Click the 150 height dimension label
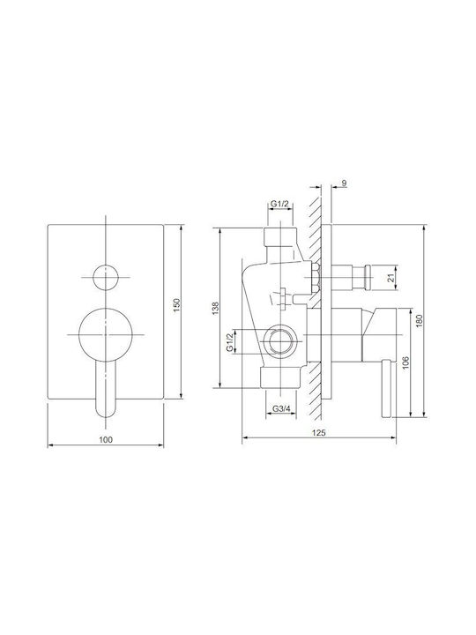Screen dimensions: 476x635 (175, 305)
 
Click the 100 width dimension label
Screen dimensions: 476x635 (106, 439)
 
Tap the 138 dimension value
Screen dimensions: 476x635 (215, 308)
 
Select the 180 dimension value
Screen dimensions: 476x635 (419, 321)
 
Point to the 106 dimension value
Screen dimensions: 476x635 (406, 362)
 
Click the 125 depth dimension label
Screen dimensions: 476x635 (319, 432)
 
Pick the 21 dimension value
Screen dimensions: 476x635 (390, 278)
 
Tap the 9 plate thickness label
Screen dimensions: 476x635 (344, 183)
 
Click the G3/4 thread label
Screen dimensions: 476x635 (281, 408)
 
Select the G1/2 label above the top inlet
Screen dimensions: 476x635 (279, 204)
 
